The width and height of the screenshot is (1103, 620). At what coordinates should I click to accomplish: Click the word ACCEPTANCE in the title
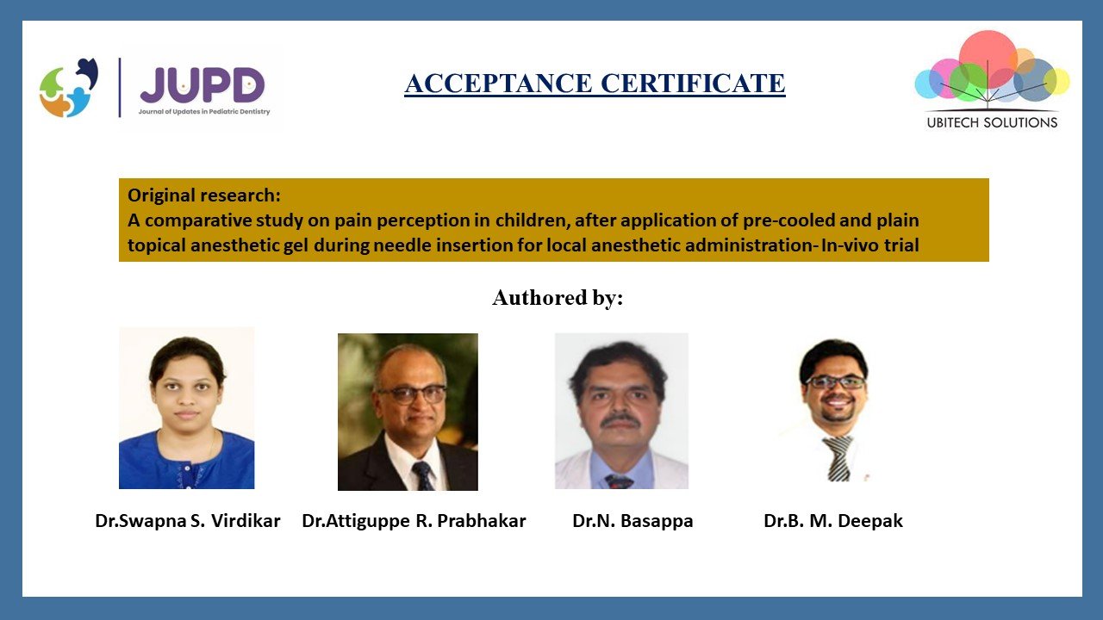coord(498,84)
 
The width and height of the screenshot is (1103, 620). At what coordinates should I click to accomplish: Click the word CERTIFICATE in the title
coord(693,84)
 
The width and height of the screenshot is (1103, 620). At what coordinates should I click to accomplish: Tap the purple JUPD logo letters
coord(203,84)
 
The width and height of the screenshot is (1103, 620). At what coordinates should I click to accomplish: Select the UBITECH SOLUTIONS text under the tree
coord(992,122)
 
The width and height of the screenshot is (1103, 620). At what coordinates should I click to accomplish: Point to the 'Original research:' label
coord(204,195)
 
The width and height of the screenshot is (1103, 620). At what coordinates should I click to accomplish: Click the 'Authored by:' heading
coord(558,298)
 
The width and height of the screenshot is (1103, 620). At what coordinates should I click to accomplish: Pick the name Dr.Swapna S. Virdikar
coord(188,521)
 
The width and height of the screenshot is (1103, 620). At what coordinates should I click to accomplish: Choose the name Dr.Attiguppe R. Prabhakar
coord(414,521)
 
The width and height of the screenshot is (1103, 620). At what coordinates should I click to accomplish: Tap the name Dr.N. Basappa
coord(633,521)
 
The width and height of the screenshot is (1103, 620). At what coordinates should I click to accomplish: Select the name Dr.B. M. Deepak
coord(833,521)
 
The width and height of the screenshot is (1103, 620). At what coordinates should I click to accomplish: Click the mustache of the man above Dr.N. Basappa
coord(620,419)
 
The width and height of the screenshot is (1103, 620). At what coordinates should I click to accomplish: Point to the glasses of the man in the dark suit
coord(411,394)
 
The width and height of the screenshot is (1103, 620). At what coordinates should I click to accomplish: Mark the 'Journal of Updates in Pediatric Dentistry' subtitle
coord(204,112)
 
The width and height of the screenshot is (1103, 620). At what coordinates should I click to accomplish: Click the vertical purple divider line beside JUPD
coord(120,88)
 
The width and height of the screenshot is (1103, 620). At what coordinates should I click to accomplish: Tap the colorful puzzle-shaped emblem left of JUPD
coord(68,88)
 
